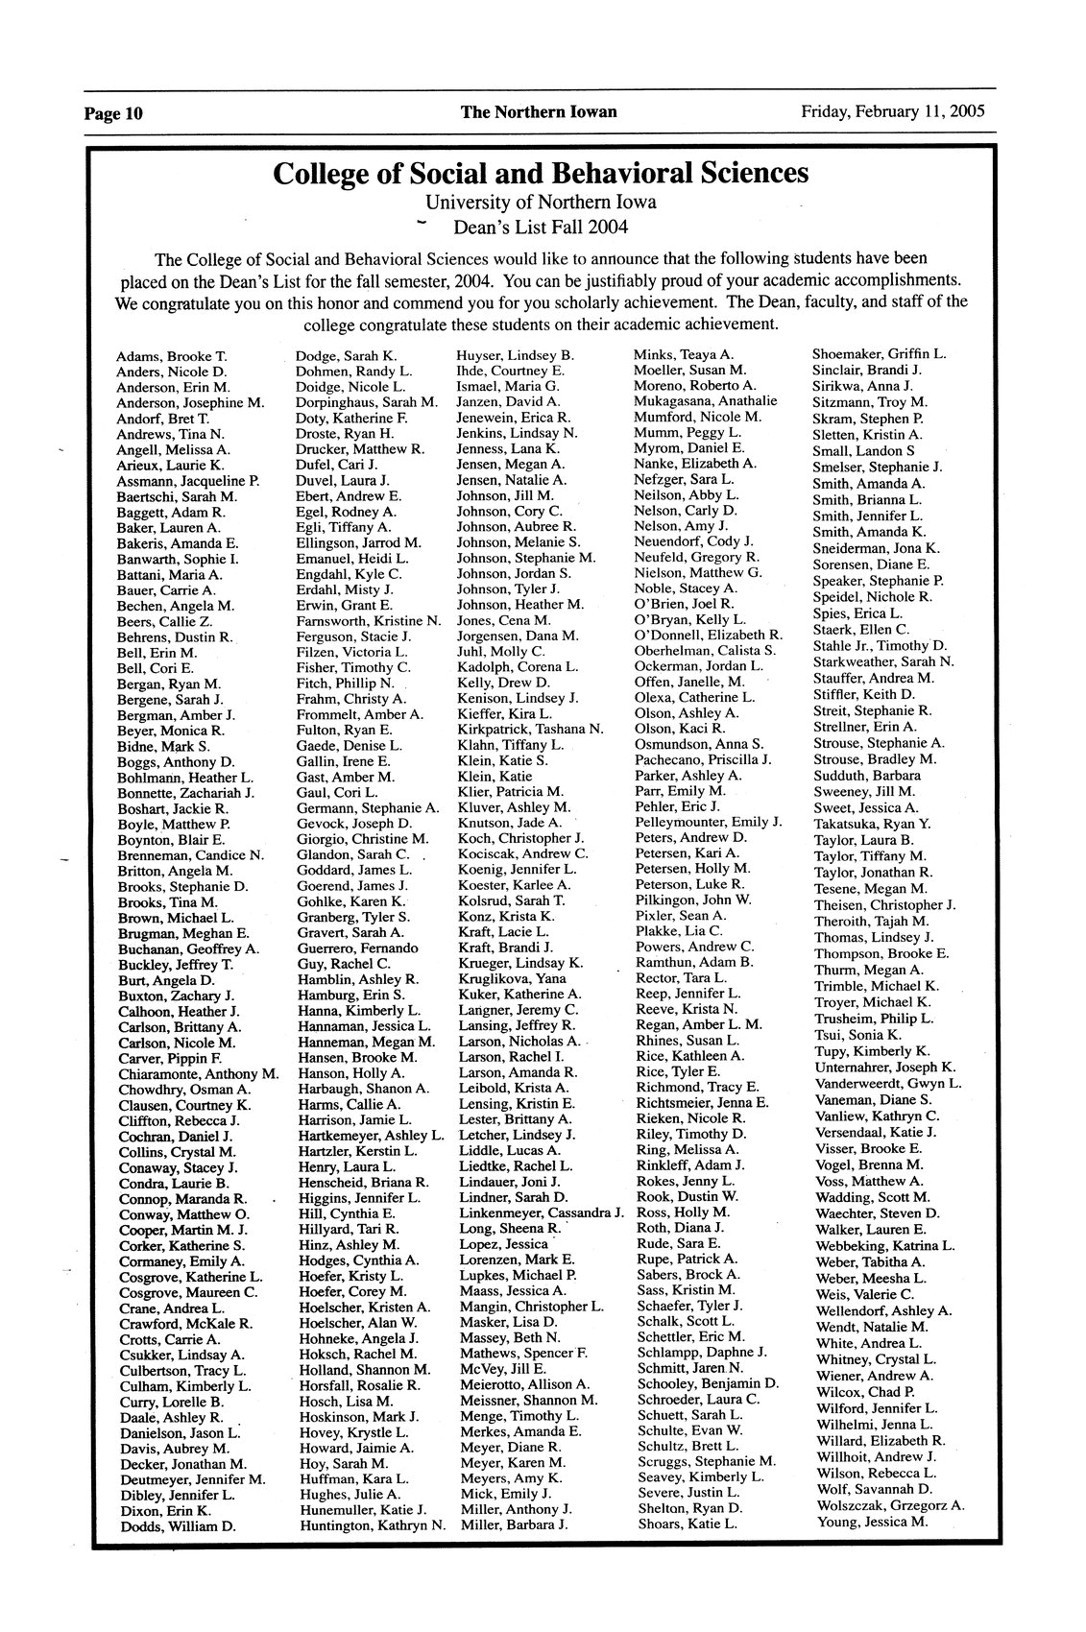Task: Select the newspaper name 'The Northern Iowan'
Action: pos(539,112)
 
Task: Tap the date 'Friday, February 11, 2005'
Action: pos(893,111)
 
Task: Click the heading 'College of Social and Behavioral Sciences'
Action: pos(541,174)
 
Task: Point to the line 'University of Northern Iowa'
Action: pos(541,203)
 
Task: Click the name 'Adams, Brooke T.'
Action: pos(171,356)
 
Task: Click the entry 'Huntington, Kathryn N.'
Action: pos(373,1524)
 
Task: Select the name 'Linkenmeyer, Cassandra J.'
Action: pos(542,1212)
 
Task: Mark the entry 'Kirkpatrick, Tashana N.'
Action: pos(530,729)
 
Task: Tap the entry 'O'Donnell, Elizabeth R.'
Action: pos(709,636)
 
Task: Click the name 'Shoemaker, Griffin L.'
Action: pos(880,353)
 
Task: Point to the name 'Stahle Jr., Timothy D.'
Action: pos(880,645)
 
